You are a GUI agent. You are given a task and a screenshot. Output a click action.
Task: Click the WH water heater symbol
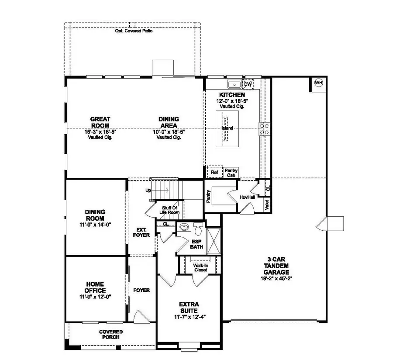pyautogui.click(x=318, y=83)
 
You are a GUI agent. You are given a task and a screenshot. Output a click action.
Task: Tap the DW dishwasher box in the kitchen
pyautogui.click(x=248, y=84)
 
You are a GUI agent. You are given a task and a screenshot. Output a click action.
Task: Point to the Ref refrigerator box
pyautogui.click(x=214, y=172)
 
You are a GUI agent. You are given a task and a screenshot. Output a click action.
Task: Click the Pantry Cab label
pyautogui.click(x=231, y=173)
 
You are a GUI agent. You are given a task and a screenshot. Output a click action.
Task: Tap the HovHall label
pyautogui.click(x=247, y=197)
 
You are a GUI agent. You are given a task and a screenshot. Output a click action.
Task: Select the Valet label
pyautogui.click(x=266, y=204)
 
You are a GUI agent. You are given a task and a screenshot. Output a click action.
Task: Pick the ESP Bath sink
pyautogui.click(x=184, y=227)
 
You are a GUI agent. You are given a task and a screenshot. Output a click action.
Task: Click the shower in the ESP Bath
pyautogui.click(x=214, y=240)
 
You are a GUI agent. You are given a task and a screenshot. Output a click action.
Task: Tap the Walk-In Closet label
pyautogui.click(x=200, y=267)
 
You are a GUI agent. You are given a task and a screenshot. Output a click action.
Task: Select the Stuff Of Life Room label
pyautogui.click(x=170, y=210)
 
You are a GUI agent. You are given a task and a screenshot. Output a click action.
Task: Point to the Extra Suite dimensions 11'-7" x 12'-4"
pyautogui.click(x=189, y=316)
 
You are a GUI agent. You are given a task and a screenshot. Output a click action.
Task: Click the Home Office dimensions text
pyautogui.click(x=95, y=297)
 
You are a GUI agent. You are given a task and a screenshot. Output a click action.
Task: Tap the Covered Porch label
pyautogui.click(x=110, y=335)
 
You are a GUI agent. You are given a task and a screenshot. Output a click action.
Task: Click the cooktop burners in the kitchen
pyautogui.click(x=265, y=128)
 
